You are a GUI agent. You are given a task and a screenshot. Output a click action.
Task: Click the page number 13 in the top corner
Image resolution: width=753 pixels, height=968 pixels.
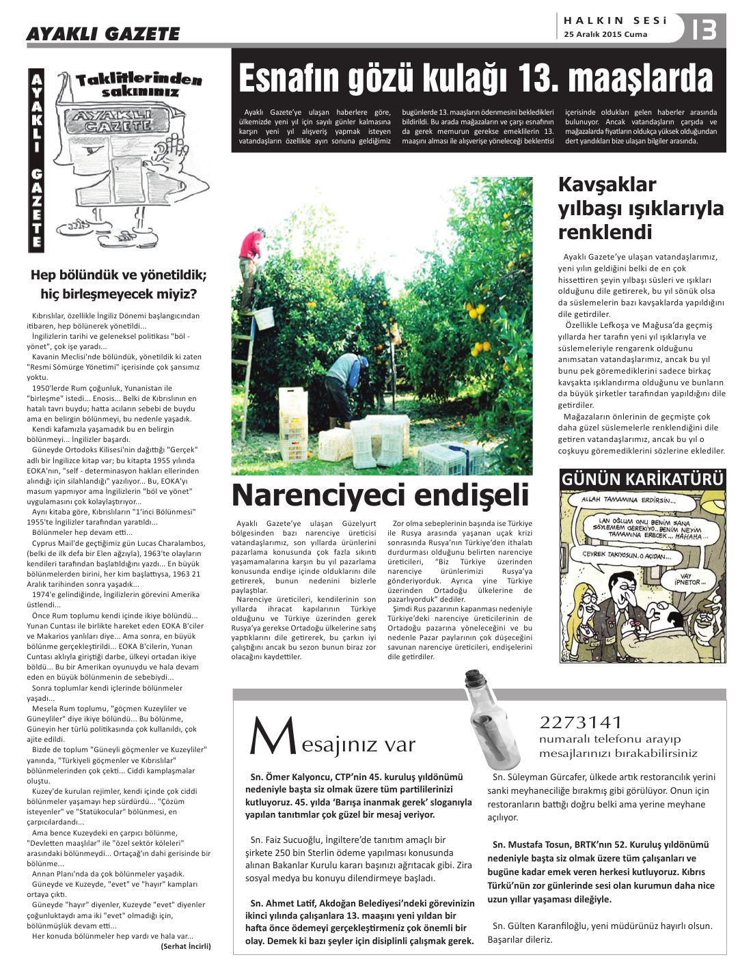[704, 29]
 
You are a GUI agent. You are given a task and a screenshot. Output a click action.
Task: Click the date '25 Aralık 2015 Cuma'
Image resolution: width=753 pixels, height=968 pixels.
[605, 35]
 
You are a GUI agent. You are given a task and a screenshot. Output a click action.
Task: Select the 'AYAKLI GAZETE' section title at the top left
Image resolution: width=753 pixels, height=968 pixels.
[102, 33]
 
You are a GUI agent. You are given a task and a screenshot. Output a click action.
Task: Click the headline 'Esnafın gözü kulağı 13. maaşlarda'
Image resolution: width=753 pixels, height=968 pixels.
[476, 79]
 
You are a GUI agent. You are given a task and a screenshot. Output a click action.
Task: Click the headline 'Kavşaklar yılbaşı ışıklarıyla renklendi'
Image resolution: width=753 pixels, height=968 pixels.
[640, 208]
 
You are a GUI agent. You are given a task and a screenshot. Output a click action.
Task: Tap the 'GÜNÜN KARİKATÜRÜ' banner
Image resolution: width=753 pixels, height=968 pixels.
[642, 480]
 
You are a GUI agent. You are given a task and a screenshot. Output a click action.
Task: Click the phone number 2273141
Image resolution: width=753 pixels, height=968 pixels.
[581, 722]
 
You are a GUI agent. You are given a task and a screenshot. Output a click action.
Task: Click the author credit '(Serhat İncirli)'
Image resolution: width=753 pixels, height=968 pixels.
[186, 946]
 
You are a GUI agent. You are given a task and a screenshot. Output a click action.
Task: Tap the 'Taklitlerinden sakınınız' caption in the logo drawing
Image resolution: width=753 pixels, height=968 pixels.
[139, 85]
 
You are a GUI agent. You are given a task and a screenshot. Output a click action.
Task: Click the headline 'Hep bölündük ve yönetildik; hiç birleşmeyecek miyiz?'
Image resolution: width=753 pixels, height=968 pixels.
[119, 285]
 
